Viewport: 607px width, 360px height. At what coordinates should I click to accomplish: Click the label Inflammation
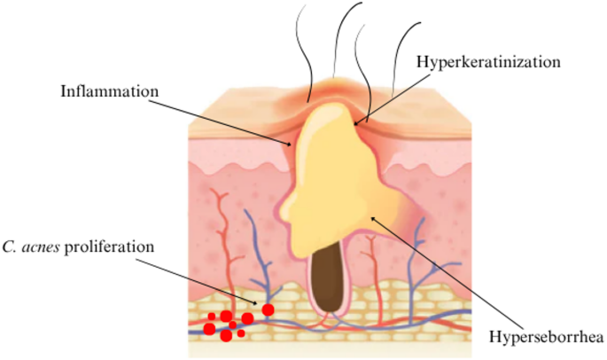tap(110, 90)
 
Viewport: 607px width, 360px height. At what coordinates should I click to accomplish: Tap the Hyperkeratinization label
tap(489, 61)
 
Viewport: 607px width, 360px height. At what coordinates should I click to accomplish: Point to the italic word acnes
tap(43, 245)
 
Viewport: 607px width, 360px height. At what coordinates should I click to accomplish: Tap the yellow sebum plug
tap(332, 177)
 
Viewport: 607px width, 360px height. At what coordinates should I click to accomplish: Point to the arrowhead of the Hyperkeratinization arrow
tap(356, 122)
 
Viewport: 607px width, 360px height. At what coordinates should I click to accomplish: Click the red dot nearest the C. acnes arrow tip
tap(267, 309)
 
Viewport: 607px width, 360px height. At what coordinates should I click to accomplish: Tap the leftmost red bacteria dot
tap(209, 329)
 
